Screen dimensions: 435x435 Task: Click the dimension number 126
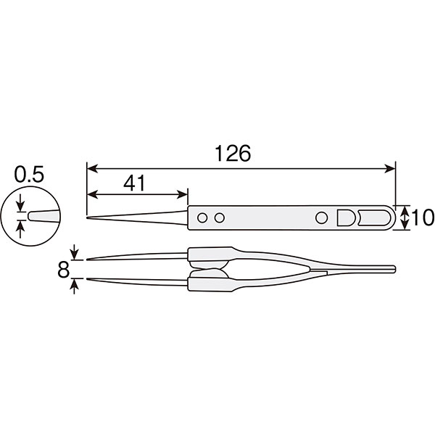pyautogui.click(x=233, y=153)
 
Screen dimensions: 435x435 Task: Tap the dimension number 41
pyautogui.click(x=134, y=183)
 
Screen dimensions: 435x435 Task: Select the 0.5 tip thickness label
pyautogui.click(x=29, y=175)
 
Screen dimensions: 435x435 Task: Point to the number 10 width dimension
pyautogui.click(x=423, y=217)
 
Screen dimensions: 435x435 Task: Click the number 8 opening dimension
pyautogui.click(x=63, y=270)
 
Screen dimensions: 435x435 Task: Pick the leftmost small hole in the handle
pyautogui.click(x=202, y=217)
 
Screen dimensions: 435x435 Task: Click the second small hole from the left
pyautogui.click(x=220, y=217)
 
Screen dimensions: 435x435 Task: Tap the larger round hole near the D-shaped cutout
pyautogui.click(x=321, y=217)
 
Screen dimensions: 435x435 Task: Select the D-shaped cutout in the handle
pyautogui.click(x=345, y=217)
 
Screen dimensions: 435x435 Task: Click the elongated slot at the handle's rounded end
pyautogui.click(x=374, y=217)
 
